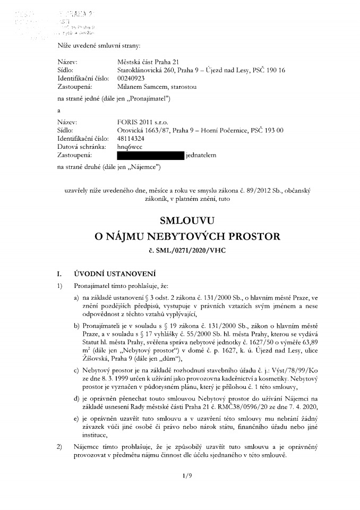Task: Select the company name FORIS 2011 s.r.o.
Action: pyautogui.click(x=140, y=121)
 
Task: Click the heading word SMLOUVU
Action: pyautogui.click(x=180, y=219)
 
